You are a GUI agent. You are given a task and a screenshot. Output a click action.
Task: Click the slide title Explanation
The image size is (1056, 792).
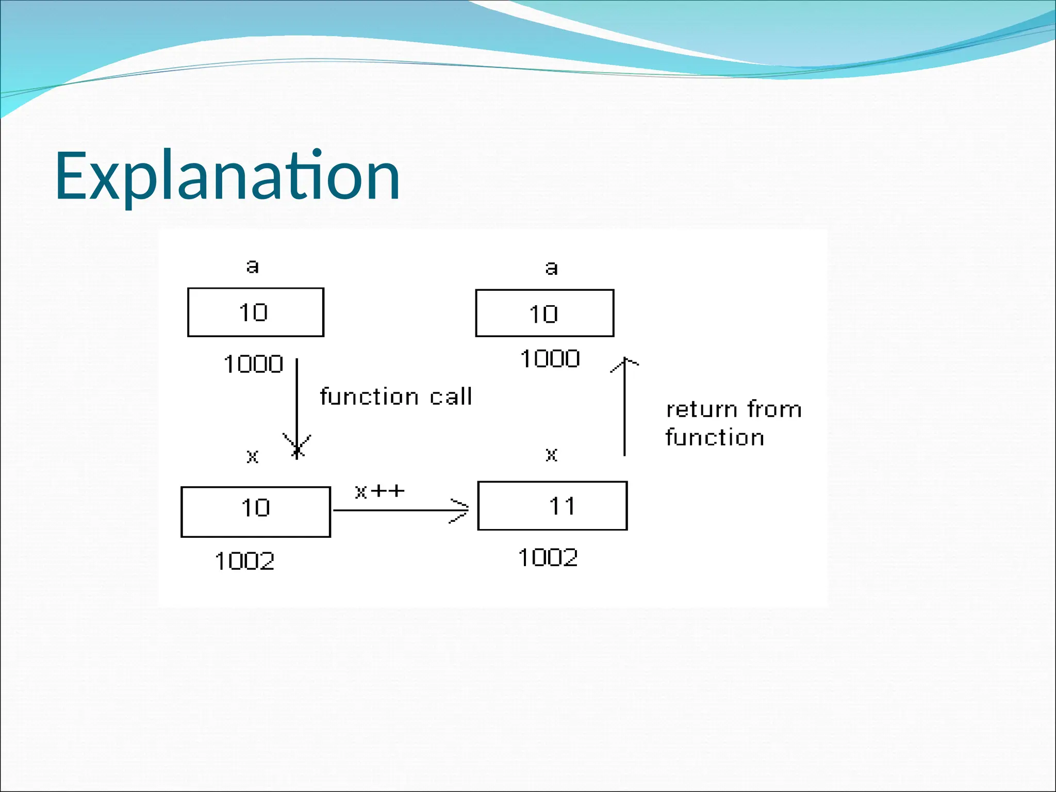227,176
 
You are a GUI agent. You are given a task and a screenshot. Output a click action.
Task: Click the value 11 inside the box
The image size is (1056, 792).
562,506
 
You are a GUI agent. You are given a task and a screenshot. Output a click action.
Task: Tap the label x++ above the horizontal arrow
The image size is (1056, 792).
379,491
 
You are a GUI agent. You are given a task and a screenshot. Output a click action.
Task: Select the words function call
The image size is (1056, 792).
396,397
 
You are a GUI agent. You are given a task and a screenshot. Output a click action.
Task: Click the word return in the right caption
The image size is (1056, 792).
702,409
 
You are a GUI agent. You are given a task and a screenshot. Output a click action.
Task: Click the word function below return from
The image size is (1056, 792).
715,437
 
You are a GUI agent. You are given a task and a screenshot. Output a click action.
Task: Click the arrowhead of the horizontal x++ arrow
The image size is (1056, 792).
460,510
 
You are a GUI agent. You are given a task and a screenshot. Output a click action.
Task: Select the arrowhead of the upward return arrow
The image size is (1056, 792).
625,364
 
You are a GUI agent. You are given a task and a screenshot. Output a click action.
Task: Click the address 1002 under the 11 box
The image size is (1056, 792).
548,557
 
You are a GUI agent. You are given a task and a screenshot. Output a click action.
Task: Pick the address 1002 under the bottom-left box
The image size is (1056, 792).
244,561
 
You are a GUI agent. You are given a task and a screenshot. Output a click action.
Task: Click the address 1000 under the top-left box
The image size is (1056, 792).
253,364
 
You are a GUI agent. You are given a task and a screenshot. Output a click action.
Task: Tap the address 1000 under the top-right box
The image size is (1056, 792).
550,358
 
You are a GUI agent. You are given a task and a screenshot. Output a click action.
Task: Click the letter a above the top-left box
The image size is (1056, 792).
252,267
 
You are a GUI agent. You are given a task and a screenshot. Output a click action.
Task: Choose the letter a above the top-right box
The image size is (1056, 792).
551,268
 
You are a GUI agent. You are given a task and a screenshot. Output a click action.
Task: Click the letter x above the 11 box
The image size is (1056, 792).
551,454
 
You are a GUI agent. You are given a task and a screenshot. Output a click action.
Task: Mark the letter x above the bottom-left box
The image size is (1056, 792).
252,456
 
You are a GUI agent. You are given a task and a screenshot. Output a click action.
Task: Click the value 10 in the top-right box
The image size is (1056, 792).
543,314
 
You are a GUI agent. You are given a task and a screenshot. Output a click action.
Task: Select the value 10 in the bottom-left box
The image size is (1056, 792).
255,508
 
